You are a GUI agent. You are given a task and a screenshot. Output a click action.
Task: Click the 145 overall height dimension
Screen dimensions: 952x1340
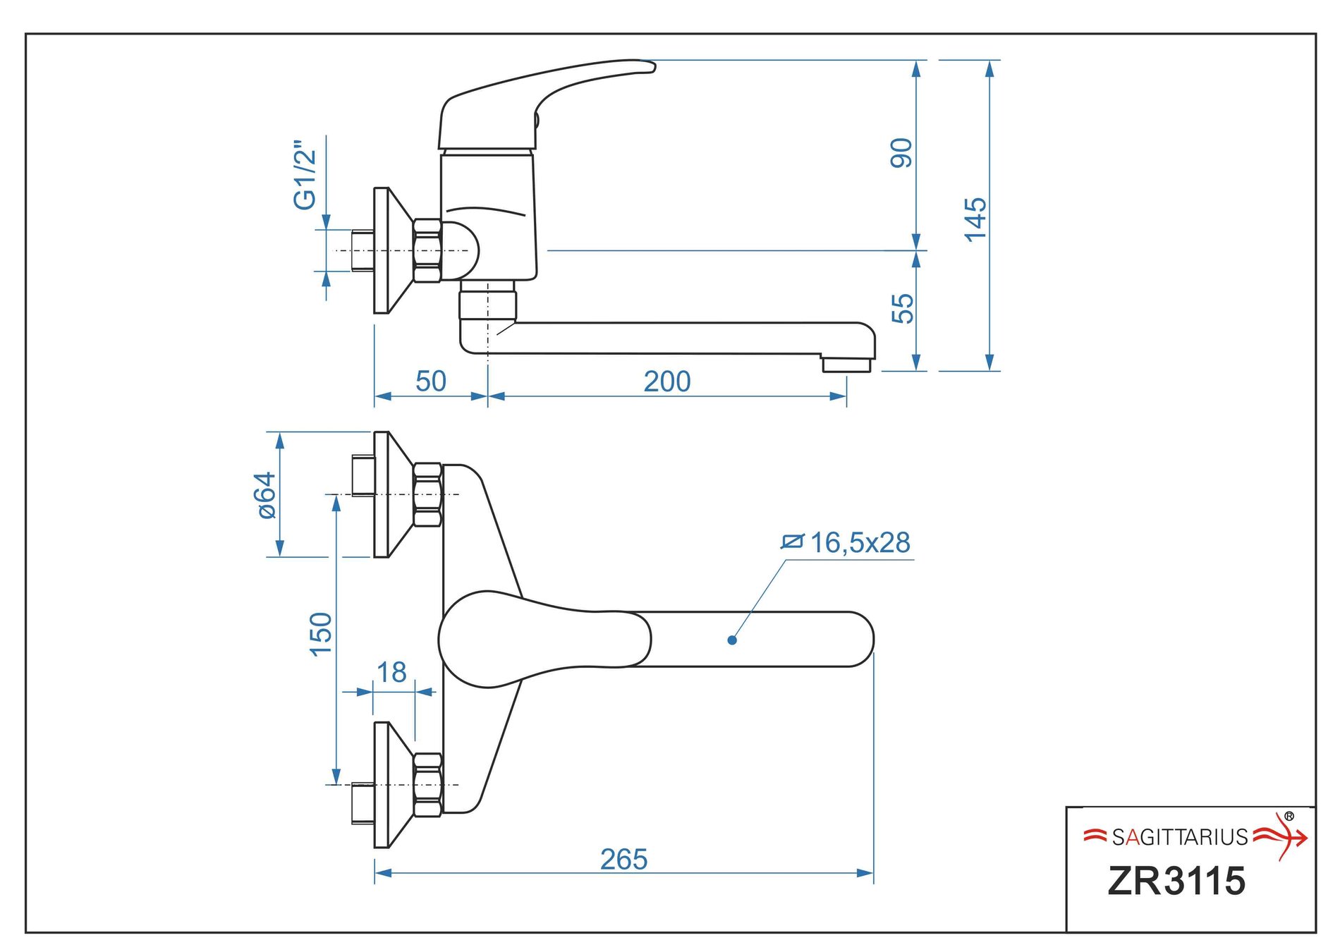(x=975, y=219)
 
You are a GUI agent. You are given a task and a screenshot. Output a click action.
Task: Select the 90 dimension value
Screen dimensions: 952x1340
(x=901, y=153)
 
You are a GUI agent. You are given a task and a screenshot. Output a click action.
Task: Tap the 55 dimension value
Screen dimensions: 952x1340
(x=902, y=308)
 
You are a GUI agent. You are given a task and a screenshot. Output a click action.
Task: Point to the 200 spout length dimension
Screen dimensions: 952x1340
(x=666, y=382)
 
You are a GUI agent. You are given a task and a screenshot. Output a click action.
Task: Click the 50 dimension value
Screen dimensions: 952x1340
(x=430, y=382)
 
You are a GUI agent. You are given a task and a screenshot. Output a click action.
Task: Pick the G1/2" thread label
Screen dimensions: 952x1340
(x=305, y=174)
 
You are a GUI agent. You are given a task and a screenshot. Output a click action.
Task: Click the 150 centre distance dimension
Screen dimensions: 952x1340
(x=320, y=634)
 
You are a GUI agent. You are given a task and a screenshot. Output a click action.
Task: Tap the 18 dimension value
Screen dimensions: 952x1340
(x=391, y=672)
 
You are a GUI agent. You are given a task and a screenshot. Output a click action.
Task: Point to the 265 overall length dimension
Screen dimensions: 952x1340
(x=623, y=860)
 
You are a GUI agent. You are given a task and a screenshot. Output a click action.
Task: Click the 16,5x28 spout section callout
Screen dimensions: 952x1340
(x=859, y=542)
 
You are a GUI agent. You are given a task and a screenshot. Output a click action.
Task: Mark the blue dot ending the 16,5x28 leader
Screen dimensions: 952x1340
(x=732, y=640)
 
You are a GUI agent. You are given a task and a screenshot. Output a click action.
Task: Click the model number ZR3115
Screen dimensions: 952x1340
(x=1176, y=881)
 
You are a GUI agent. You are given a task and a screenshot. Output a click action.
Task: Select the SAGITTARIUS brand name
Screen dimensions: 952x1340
(x=1180, y=837)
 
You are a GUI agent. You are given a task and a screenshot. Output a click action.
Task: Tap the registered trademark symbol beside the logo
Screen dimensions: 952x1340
(x=1289, y=816)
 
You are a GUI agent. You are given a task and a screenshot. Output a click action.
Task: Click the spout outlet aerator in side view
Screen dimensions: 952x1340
(x=846, y=365)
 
